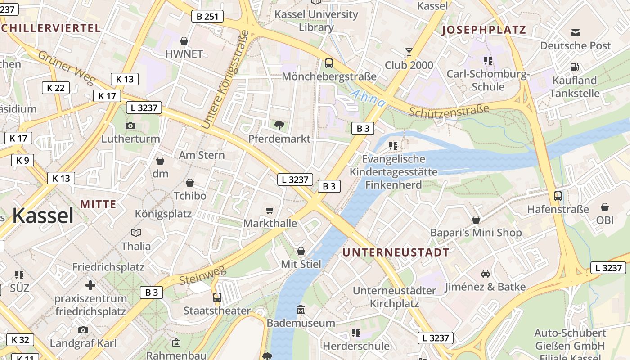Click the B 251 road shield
[x=207, y=17]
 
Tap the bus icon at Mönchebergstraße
[x=329, y=63]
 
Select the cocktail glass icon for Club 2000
[x=409, y=52]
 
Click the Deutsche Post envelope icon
[x=576, y=32]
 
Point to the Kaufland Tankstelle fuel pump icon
[x=575, y=67]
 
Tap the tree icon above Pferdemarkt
[x=279, y=125]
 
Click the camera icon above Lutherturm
[x=130, y=126]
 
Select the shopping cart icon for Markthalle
[x=270, y=210]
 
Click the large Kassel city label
[x=43, y=216]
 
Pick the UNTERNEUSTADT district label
[x=396, y=252]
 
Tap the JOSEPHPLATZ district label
[x=484, y=30]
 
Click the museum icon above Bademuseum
[x=301, y=310]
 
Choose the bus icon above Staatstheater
[x=217, y=297]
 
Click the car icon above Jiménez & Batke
[x=485, y=274]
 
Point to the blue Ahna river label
[x=367, y=98]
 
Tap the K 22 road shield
[x=56, y=88]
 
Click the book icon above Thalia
[x=136, y=233]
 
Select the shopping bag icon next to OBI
[x=604, y=207]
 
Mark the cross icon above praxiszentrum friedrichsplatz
[x=90, y=285]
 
